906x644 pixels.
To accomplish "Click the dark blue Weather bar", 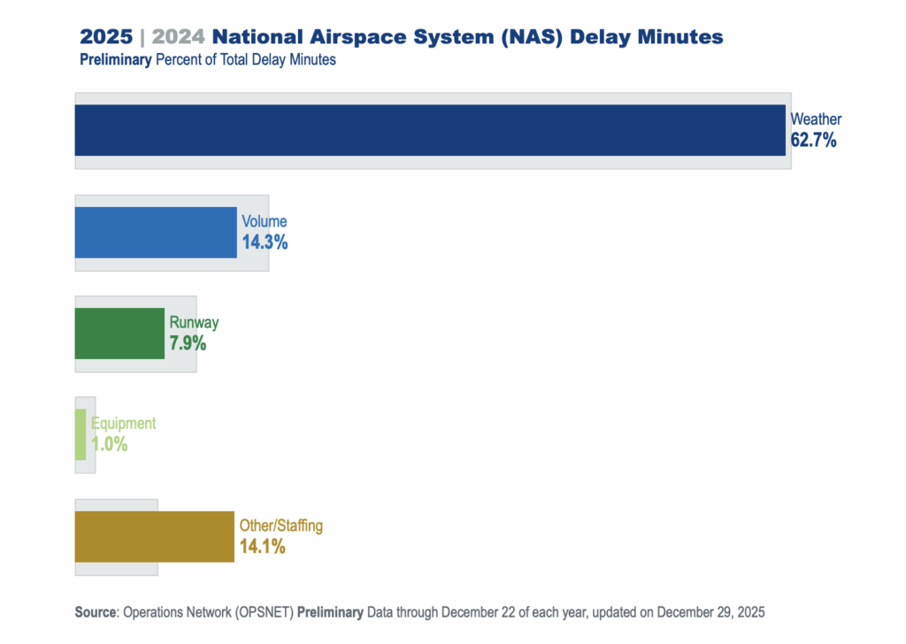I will point(430,130).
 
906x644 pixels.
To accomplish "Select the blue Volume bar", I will point(156,233).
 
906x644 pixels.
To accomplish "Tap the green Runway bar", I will point(119,333).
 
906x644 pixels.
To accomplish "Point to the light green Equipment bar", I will point(81,434).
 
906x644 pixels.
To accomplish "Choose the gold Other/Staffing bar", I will point(154,536).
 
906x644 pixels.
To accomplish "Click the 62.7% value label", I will point(813,140).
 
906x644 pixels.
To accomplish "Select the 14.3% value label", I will point(265,241).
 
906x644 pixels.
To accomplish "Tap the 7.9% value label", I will point(188,343).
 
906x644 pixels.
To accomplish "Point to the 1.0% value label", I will point(109,444).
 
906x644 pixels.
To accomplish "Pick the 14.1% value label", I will point(262,547).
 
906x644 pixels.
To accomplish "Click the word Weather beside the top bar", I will point(816,119).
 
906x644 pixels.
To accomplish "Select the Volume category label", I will point(265,221).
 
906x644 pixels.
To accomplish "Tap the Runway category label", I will point(194,323).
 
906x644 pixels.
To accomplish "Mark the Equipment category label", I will point(123,424).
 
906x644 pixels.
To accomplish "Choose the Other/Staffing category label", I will point(281,525).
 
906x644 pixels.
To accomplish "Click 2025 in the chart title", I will point(106,37).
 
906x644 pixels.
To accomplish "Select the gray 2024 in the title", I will point(179,37).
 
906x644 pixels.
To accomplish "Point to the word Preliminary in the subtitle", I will point(116,60).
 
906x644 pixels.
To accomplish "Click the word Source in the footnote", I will point(96,612).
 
